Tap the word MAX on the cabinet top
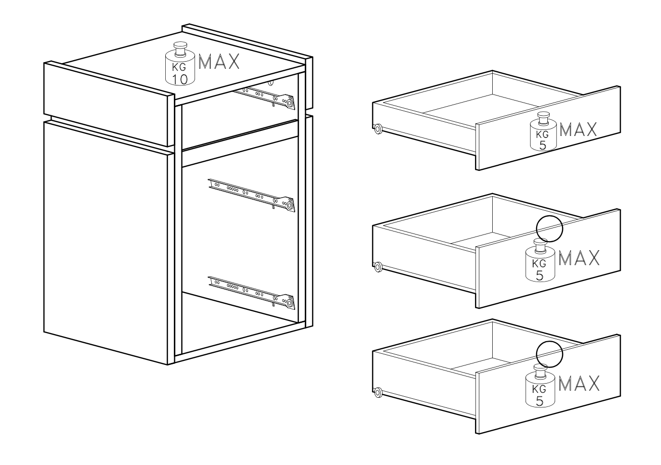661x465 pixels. pyautogui.click(x=219, y=62)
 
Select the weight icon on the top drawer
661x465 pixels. pyautogui.click(x=543, y=131)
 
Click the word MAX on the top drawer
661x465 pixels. pyautogui.click(x=578, y=129)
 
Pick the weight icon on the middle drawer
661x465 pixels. pyautogui.click(x=540, y=260)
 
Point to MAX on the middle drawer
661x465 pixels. pyautogui.click(x=579, y=258)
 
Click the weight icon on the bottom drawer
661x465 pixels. pyautogui.click(x=540, y=385)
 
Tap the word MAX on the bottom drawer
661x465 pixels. pyautogui.click(x=579, y=383)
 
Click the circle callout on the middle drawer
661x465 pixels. pyautogui.click(x=549, y=228)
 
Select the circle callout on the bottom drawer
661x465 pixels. pyautogui.click(x=549, y=354)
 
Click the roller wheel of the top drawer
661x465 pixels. pyautogui.click(x=377, y=129)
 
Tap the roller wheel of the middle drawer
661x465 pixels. pyautogui.click(x=377, y=267)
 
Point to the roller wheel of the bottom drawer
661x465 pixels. pyautogui.click(x=377, y=392)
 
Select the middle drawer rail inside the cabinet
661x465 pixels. pyautogui.click(x=252, y=195)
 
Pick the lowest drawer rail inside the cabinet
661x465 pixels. pyautogui.click(x=252, y=293)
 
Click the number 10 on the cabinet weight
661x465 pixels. pyautogui.click(x=179, y=79)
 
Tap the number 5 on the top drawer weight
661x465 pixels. pyautogui.click(x=542, y=145)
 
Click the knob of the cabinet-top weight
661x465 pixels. pyautogui.click(x=180, y=49)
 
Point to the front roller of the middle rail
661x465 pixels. pyautogui.click(x=290, y=205)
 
